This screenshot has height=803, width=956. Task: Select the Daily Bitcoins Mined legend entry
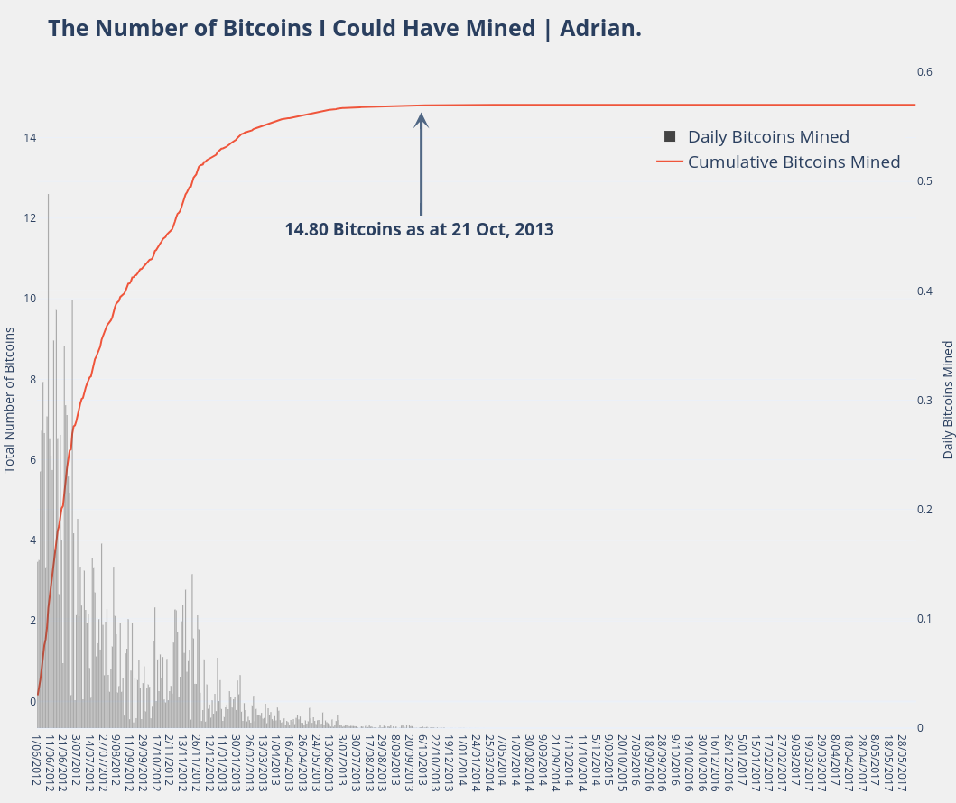(x=768, y=137)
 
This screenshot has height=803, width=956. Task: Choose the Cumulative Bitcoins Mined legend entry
(x=794, y=162)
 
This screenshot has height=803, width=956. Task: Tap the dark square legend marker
(x=670, y=136)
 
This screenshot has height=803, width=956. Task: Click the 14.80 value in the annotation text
(x=307, y=229)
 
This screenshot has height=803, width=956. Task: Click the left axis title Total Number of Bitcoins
(x=10, y=399)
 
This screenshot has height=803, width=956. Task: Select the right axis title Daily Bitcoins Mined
(x=948, y=399)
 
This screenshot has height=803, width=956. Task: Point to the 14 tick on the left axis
(x=30, y=138)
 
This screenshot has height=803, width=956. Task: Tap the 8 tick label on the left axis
(x=32, y=380)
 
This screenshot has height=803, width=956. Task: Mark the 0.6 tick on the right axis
(x=924, y=71)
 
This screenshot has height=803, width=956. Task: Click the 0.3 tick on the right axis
(x=924, y=400)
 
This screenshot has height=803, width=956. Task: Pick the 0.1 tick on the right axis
(x=924, y=619)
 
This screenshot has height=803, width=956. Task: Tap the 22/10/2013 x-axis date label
(x=435, y=761)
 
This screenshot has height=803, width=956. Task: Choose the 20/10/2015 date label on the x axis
(x=622, y=761)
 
